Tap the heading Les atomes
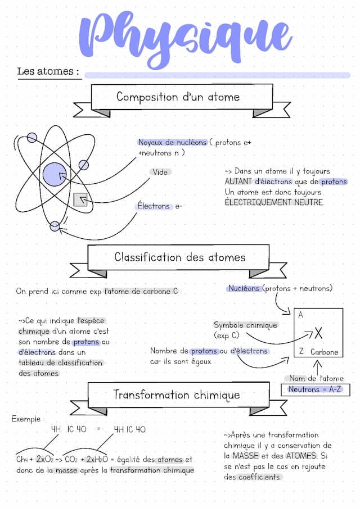click(x=48, y=71)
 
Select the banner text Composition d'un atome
click(x=178, y=97)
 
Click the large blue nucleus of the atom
click(x=55, y=174)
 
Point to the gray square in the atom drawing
click(x=80, y=199)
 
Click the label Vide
click(x=160, y=172)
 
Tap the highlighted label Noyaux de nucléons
click(x=172, y=142)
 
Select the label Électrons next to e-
click(x=154, y=206)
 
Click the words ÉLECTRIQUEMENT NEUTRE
click(x=274, y=202)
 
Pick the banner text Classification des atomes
click(x=179, y=257)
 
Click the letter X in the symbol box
click(x=318, y=333)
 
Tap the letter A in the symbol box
click(x=300, y=315)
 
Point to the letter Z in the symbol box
click(x=301, y=351)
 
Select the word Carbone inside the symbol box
click(x=325, y=352)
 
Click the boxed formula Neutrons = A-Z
click(x=315, y=389)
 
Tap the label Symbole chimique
click(x=245, y=325)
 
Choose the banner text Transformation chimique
click(x=177, y=395)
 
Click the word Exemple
click(x=26, y=419)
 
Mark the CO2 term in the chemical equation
click(x=71, y=460)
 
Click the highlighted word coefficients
click(x=259, y=477)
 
